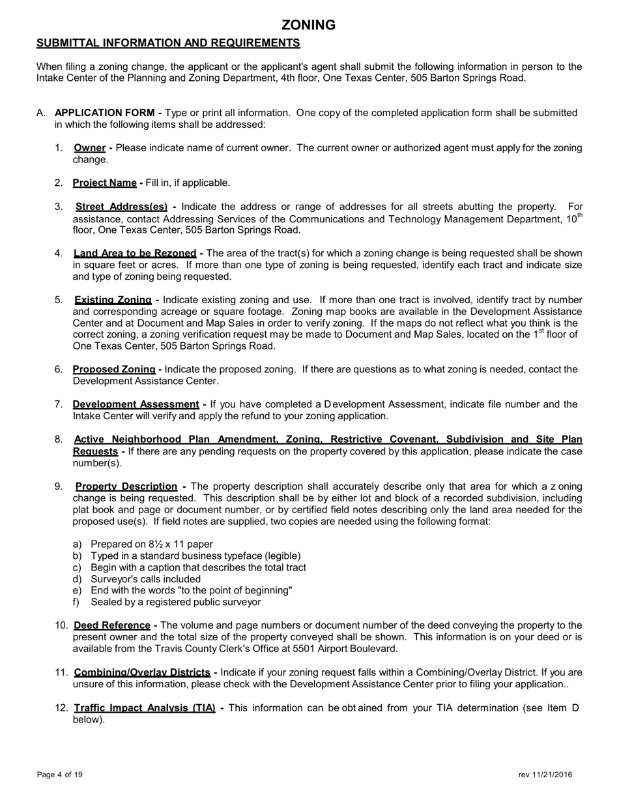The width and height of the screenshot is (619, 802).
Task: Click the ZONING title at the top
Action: coord(308,25)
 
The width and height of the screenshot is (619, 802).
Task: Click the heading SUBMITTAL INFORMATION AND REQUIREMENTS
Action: coord(168,43)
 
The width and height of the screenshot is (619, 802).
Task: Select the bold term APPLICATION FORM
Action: coord(105,113)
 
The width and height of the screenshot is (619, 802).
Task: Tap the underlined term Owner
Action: coord(90,148)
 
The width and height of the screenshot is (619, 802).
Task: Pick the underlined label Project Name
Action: coord(104,183)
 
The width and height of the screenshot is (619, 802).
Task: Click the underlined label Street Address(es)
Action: coord(122,207)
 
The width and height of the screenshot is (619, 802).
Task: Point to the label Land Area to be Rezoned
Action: coord(135,253)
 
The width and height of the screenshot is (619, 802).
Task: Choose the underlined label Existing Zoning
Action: coord(113,300)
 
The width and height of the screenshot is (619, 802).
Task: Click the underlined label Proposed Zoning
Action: coord(114,370)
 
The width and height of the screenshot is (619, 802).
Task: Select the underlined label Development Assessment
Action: coord(136,404)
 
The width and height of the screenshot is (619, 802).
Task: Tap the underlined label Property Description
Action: coord(126,486)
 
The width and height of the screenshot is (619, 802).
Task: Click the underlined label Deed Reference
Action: coord(111,626)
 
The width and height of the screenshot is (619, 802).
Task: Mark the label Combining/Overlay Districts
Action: coord(142,672)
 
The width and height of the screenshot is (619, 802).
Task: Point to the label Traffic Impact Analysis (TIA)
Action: coord(145,708)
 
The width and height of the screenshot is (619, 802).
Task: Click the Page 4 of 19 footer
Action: coord(60,775)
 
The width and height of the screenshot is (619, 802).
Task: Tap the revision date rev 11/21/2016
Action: coord(545,775)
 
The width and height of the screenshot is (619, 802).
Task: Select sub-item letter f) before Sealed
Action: coord(77,602)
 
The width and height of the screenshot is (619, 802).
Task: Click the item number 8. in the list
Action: coord(59,439)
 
